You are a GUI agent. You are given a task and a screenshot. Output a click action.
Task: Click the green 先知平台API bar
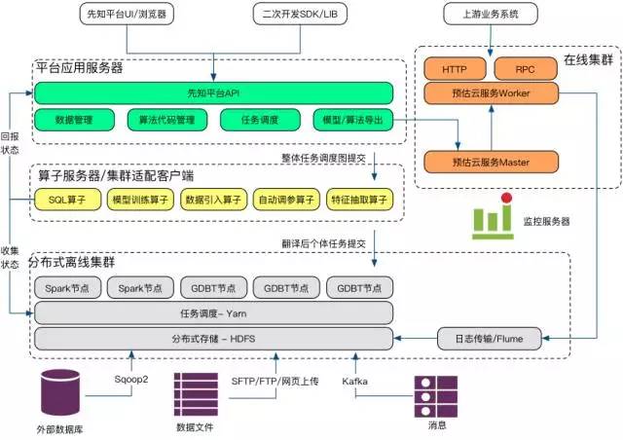pyautogui.click(x=213, y=93)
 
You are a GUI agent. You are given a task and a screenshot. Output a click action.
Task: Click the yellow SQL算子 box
pyautogui.click(x=66, y=199)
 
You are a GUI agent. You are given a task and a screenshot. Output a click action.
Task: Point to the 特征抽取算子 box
pyautogui.click(x=358, y=199)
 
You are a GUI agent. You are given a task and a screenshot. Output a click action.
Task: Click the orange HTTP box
pyautogui.click(x=455, y=70)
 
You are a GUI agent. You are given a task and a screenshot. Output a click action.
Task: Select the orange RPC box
pyautogui.click(x=525, y=70)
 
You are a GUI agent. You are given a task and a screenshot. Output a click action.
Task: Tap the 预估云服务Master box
pyautogui.click(x=490, y=161)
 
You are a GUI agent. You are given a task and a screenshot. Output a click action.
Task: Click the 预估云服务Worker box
pyautogui.click(x=490, y=92)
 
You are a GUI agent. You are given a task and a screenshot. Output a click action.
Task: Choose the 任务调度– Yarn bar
pyautogui.click(x=213, y=312)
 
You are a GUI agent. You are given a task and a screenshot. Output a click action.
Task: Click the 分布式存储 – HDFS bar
pyautogui.click(x=213, y=338)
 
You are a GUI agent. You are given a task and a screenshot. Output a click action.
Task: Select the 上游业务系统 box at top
pyautogui.click(x=487, y=15)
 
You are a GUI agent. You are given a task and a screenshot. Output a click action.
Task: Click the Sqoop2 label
pyautogui.click(x=130, y=381)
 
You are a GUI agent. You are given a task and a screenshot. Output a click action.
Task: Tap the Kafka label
pyautogui.click(x=354, y=381)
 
